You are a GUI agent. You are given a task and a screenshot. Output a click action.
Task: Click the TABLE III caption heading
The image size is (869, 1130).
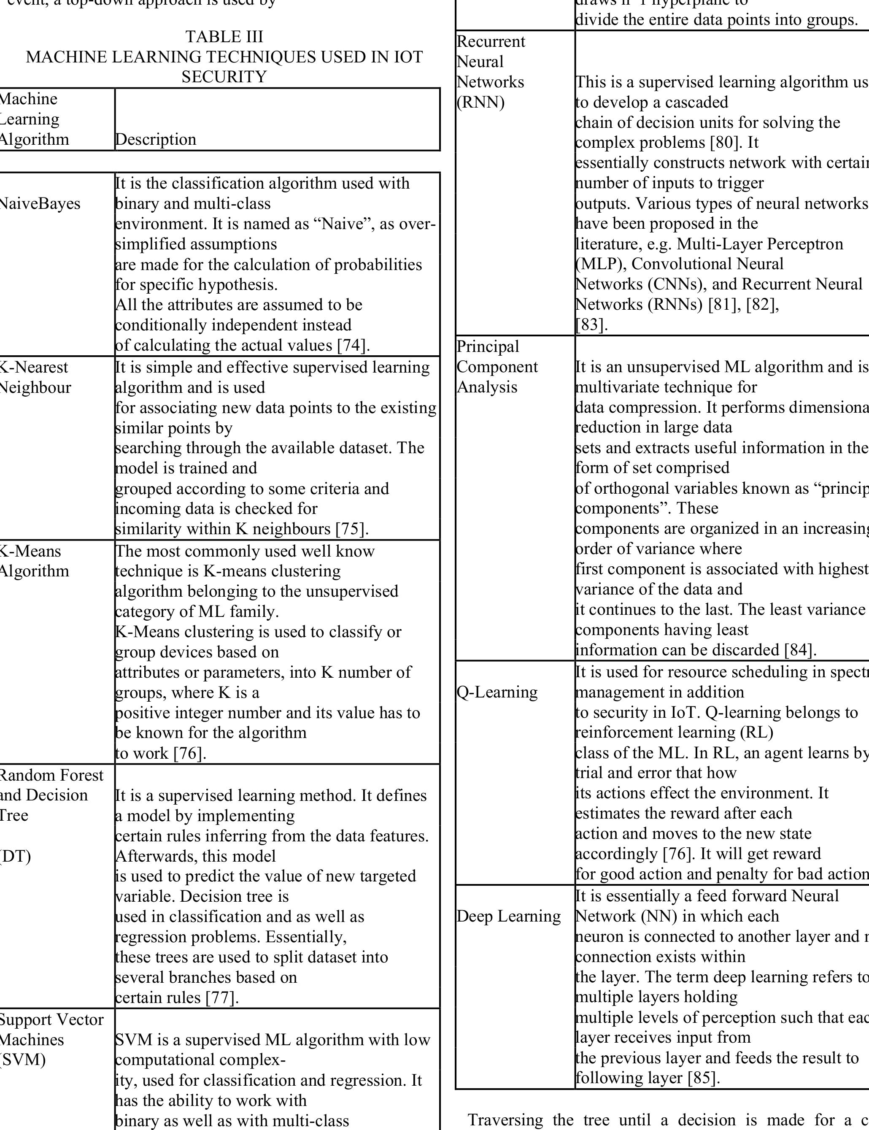pyautogui.click(x=224, y=37)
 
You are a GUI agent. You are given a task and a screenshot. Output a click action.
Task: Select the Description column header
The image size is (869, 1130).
pyautogui.click(x=156, y=139)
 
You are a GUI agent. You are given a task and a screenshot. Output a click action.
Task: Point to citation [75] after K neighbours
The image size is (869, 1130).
pyautogui.click(x=352, y=529)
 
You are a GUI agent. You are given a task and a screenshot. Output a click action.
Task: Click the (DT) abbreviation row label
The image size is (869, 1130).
pyautogui.click(x=16, y=856)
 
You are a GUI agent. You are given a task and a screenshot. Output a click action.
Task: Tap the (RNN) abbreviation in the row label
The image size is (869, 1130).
pyautogui.click(x=480, y=103)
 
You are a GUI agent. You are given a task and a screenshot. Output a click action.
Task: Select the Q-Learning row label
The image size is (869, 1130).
pyautogui.click(x=497, y=692)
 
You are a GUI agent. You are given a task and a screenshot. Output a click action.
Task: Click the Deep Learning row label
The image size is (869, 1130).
pyautogui.click(x=508, y=916)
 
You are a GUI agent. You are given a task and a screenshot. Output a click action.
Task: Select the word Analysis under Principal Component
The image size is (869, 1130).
pyautogui.click(x=487, y=387)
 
